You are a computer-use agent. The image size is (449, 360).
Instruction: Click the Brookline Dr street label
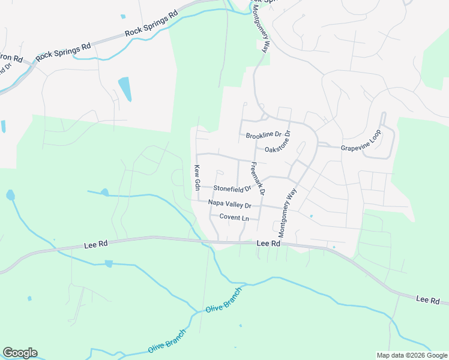tap(264, 136)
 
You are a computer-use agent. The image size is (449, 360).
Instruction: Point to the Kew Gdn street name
tap(197, 178)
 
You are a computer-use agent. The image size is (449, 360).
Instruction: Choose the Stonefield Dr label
tap(232, 188)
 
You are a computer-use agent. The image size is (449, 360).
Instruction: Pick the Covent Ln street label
tap(234, 217)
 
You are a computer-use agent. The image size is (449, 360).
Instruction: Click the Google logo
tap(20, 353)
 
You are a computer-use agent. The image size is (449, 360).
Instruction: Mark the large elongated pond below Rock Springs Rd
tap(125, 89)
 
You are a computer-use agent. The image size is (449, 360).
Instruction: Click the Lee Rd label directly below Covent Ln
tap(268, 244)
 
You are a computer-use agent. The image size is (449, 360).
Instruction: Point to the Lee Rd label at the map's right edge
tap(428, 300)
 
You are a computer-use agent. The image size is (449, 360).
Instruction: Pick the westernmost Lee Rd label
tap(95, 244)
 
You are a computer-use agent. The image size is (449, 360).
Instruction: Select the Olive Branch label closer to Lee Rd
tap(223, 301)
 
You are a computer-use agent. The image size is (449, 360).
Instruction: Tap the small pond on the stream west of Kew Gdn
tap(105, 193)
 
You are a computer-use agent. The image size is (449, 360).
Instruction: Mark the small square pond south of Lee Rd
tap(108, 263)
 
